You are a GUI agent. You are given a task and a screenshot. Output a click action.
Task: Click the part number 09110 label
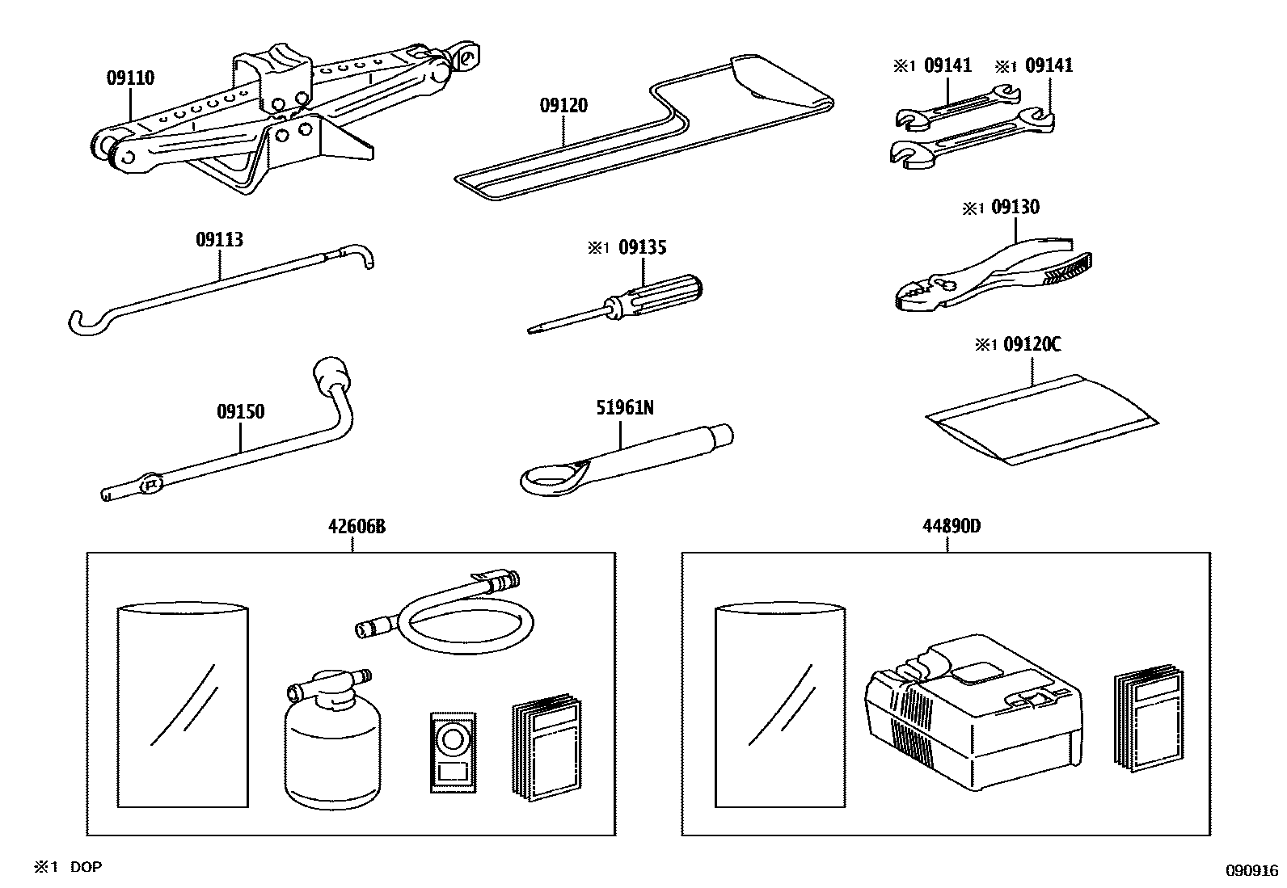tap(130, 78)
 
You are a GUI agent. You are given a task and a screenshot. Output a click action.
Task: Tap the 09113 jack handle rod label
tap(219, 240)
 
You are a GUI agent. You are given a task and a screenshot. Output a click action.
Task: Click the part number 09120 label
tap(563, 106)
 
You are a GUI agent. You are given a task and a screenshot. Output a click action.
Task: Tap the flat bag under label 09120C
tap(1041, 419)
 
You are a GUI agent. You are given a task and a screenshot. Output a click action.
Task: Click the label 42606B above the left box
tap(357, 527)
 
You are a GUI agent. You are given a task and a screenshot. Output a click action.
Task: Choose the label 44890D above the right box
tap(951, 527)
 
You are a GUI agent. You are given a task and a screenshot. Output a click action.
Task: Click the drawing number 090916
tap(1251, 870)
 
